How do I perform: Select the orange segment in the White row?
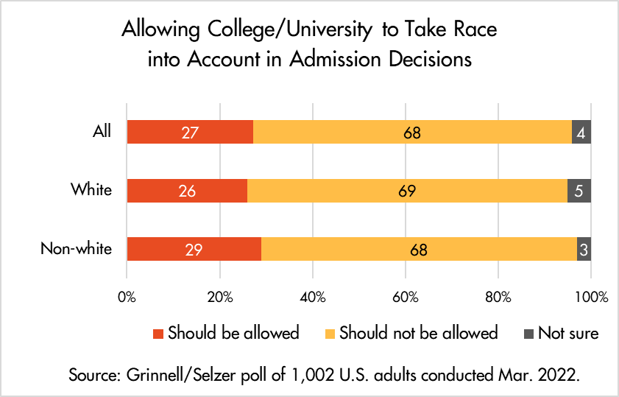click(407, 191)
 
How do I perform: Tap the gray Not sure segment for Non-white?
click(583, 249)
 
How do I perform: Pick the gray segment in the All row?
click(581, 133)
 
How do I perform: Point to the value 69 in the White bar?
click(407, 191)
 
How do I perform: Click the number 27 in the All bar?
click(189, 133)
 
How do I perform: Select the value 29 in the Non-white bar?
click(194, 250)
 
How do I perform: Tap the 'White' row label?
click(91, 190)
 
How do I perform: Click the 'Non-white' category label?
click(76, 248)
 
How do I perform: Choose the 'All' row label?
click(102, 132)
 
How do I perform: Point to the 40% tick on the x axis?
click(313, 298)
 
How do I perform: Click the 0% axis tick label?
click(127, 298)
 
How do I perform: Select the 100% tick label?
click(591, 298)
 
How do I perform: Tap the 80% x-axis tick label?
click(498, 298)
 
